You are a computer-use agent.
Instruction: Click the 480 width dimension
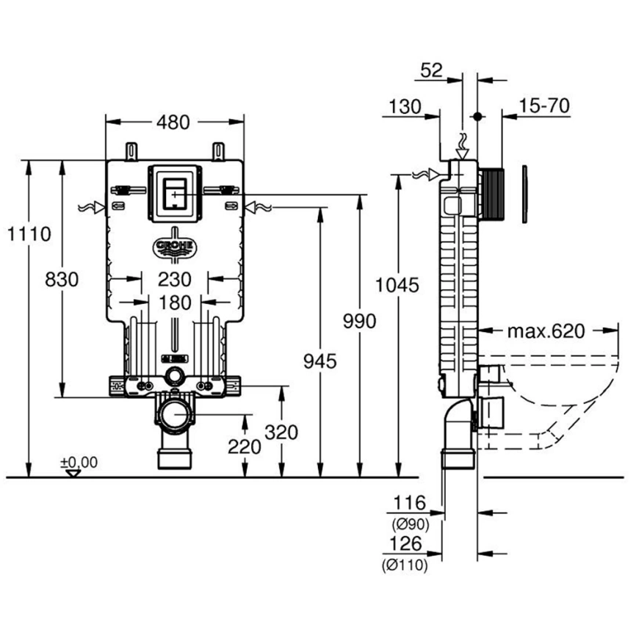click(175, 122)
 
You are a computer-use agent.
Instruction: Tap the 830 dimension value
click(61, 279)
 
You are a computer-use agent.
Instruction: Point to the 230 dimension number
click(174, 280)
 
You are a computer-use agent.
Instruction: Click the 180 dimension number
click(174, 302)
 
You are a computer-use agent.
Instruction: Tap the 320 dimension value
click(282, 433)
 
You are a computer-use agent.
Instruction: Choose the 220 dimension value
click(245, 446)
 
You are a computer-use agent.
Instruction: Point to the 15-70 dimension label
click(543, 106)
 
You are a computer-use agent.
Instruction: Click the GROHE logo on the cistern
click(174, 247)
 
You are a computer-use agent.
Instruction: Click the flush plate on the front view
click(174, 193)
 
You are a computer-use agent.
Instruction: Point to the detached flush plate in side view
click(525, 195)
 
